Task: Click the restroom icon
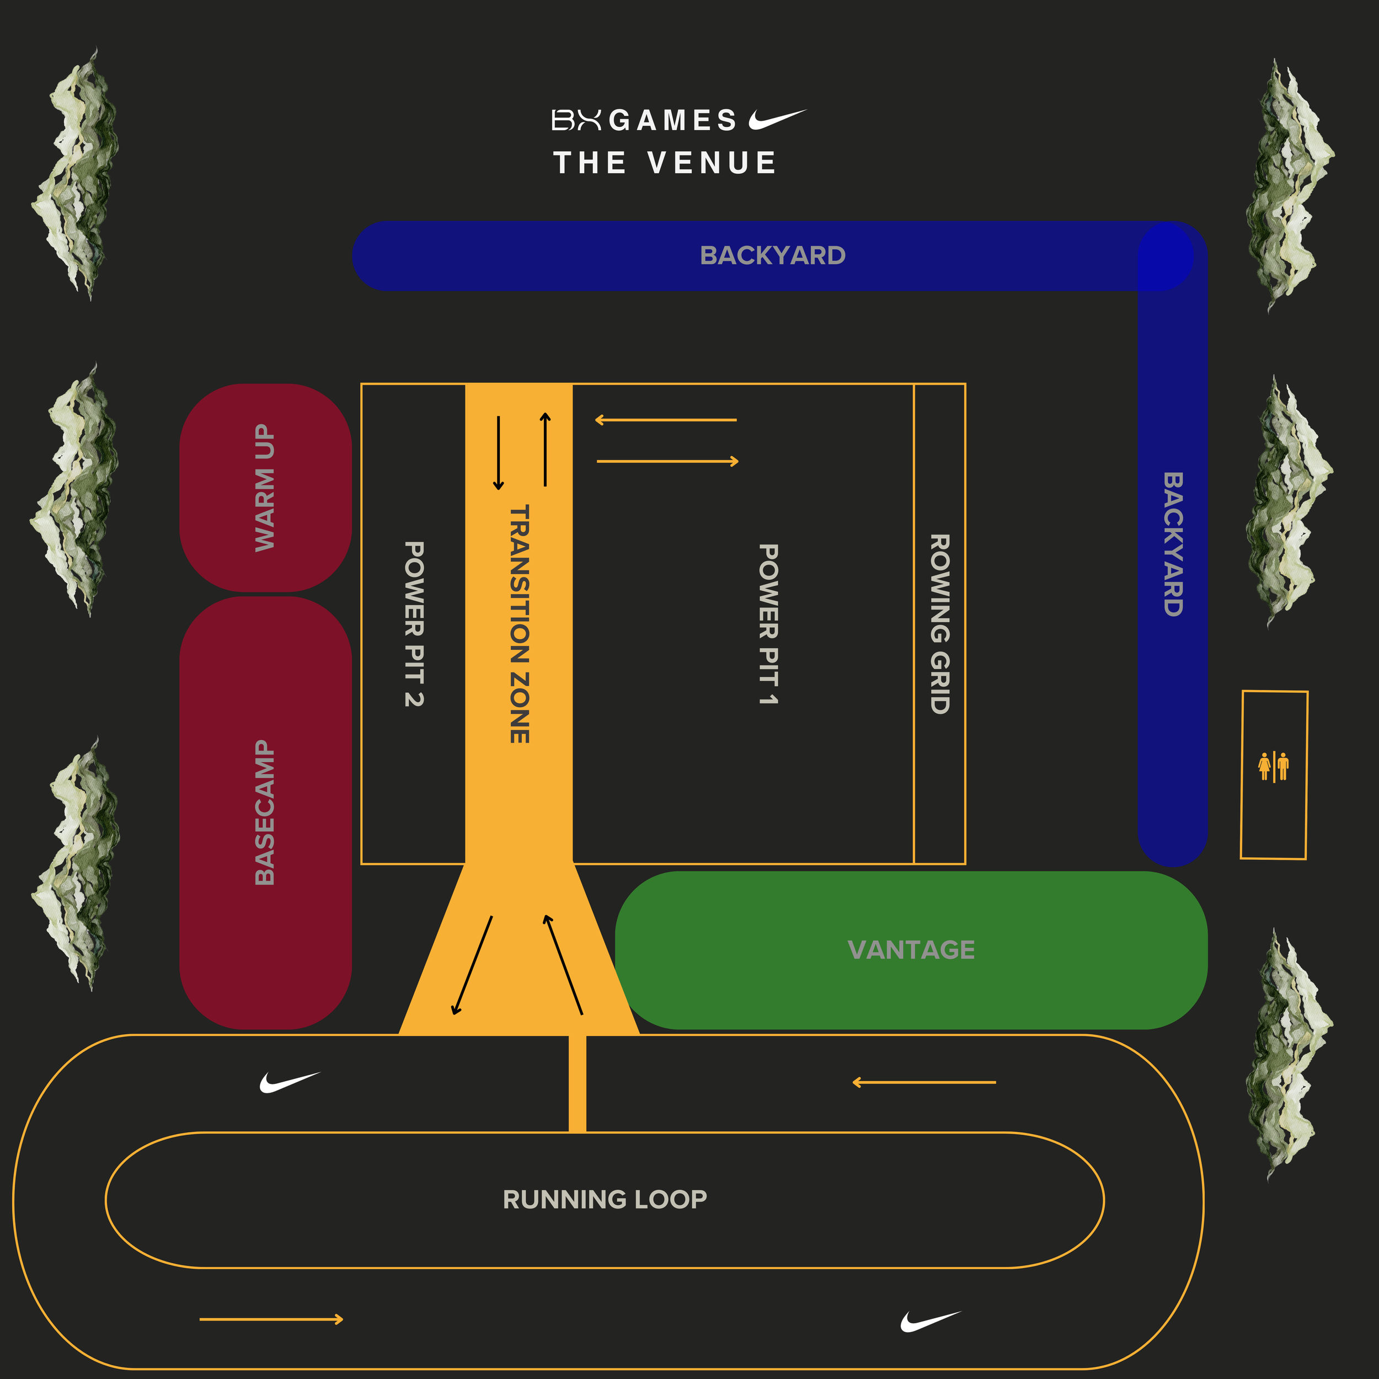coord(1273,766)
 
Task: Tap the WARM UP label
coord(265,488)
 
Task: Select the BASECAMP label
coord(265,813)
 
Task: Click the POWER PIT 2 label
coord(414,623)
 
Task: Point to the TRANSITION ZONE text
coord(520,623)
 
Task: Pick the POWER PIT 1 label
coord(768,624)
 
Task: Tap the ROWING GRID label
coord(939,623)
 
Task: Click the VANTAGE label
coord(911,949)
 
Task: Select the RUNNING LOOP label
coord(605,1199)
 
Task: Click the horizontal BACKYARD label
coord(772,255)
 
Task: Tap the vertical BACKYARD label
coord(1173,544)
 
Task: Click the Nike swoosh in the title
coord(777,119)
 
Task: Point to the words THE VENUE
coord(665,163)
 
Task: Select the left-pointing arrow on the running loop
coord(923,1083)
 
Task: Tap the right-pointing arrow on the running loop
coord(271,1319)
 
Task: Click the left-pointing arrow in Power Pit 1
coord(665,420)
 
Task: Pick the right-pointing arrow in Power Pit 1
coord(667,462)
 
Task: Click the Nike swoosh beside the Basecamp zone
coord(289,1082)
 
